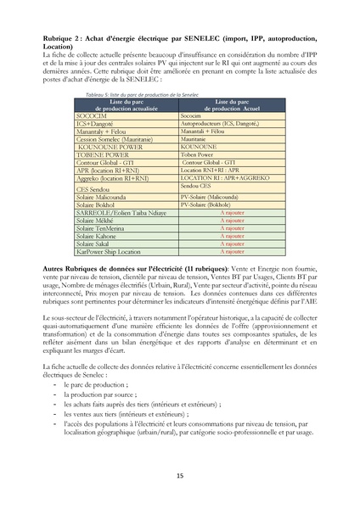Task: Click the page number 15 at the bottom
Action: point(180,476)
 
